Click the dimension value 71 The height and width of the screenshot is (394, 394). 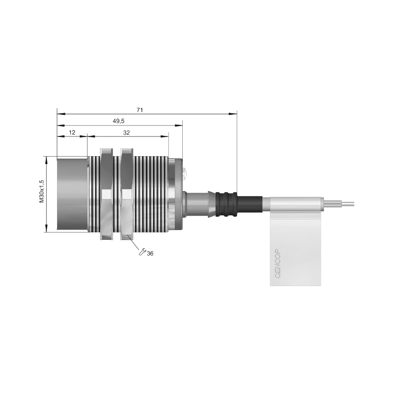140,110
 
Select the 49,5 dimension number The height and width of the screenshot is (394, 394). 119,121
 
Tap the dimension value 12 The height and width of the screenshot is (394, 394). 72,132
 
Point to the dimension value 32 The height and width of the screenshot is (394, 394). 127,132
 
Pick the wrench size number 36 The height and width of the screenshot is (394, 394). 150,254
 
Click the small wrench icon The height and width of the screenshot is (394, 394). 142,252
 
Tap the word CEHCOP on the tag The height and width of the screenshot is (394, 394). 278,263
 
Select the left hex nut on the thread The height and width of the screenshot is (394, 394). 107,194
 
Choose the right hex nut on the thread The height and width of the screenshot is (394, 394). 127,194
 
